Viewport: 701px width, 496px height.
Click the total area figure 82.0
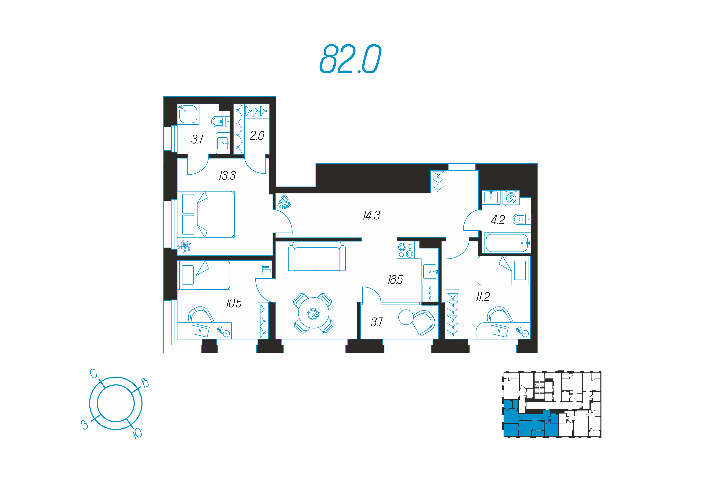click(x=350, y=59)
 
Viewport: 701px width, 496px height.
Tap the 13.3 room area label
click(x=227, y=176)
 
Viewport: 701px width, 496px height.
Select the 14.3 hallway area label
click(x=371, y=215)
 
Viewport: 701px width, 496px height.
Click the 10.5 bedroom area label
click(x=234, y=303)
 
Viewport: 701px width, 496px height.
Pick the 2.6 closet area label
click(x=257, y=136)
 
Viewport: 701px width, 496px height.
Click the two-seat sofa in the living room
click(x=317, y=256)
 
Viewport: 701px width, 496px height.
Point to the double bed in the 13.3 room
click(x=206, y=214)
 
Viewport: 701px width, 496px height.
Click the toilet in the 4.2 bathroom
click(x=522, y=219)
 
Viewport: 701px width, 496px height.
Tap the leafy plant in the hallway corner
click(x=284, y=202)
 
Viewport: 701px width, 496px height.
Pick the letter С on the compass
click(x=94, y=373)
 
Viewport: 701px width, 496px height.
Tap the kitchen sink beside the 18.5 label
click(x=430, y=271)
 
